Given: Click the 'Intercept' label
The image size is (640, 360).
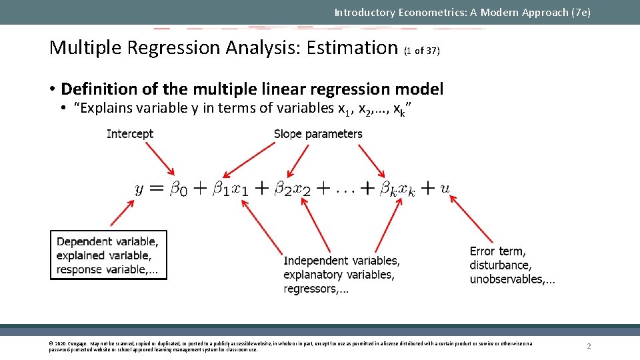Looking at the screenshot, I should (x=129, y=134).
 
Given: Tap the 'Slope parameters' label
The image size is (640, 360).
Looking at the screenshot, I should (x=318, y=134).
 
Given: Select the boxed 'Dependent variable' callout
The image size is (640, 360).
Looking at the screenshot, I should (x=109, y=255).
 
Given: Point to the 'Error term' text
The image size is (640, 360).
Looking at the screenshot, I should (x=497, y=251).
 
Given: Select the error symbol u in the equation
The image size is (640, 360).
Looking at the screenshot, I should (x=445, y=188).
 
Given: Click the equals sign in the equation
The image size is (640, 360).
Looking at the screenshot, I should (x=157, y=189).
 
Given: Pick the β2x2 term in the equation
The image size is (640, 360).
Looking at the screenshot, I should (x=293, y=189).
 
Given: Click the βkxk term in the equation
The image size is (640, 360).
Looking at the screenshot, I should (x=397, y=189).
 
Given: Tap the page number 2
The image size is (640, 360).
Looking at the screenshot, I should (x=589, y=346).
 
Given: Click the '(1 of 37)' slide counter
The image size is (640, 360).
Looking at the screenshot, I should (x=421, y=51).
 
